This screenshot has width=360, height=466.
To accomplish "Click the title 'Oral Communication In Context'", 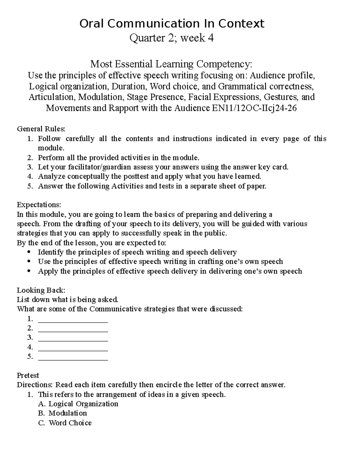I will point(172,24).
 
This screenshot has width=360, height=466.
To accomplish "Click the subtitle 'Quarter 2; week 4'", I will point(171,38).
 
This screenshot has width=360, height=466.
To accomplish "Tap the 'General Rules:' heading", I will point(41,129).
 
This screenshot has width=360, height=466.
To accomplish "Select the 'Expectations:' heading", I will point(39,205).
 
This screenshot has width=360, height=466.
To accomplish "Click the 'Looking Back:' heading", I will point(41,290).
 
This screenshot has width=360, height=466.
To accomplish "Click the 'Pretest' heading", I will point(28,375).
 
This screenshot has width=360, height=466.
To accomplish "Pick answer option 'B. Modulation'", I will point(63,413).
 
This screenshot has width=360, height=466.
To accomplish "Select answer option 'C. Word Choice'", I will point(65,423).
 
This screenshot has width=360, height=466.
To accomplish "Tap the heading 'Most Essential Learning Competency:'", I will point(171,64).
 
